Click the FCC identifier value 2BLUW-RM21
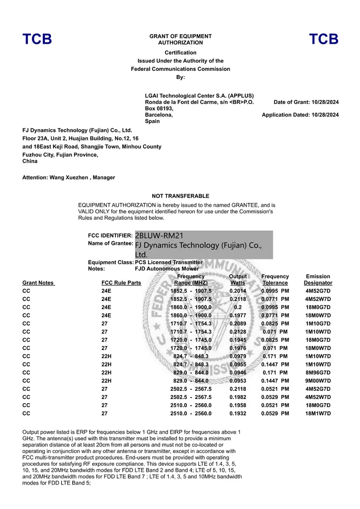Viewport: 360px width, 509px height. pyautogui.click(x=159, y=236)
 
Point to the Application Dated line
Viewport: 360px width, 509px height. pyautogui.click(x=300, y=115)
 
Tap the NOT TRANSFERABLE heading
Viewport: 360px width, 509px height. pyautogui.click(x=180, y=196)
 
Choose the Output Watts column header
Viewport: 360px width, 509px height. pyautogui.click(x=238, y=279)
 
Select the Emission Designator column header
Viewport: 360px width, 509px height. pyautogui.click(x=318, y=279)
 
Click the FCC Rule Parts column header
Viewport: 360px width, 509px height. pyautogui.click(x=121, y=282)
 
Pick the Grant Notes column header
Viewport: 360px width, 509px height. pyautogui.click(x=38, y=282)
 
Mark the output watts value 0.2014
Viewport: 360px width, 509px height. pyautogui.click(x=238, y=291)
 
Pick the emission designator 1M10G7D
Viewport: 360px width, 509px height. pyautogui.click(x=318, y=323)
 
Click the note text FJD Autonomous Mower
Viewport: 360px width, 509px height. pyautogui.click(x=167, y=268)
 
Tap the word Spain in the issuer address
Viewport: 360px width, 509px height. pyautogui.click(x=152, y=121)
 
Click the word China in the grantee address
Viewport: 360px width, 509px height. pyautogui.click(x=30, y=161)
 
